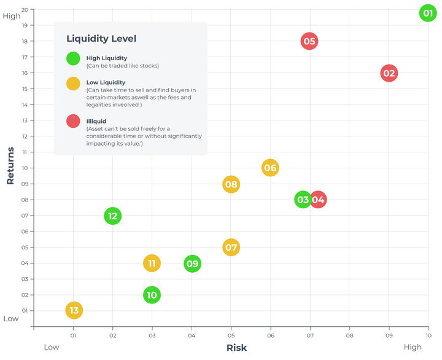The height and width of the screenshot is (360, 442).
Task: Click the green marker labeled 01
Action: click(428, 12)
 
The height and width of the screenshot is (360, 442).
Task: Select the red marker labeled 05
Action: click(309, 42)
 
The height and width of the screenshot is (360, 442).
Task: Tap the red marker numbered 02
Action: click(389, 73)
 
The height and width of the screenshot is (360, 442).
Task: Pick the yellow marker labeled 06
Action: click(270, 168)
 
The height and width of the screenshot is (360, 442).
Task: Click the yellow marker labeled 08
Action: click(231, 184)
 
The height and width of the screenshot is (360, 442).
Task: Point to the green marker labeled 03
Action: click(302, 200)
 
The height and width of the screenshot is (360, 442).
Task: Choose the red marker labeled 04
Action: click(318, 200)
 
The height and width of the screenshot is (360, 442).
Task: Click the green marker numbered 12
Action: click(112, 216)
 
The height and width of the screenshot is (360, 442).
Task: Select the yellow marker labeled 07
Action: click(231, 248)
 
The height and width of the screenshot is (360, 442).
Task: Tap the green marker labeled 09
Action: click(192, 264)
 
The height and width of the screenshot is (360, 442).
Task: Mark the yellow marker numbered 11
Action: click(152, 264)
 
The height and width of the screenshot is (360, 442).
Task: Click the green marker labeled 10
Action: click(152, 295)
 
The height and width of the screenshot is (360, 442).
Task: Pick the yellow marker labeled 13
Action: click(74, 310)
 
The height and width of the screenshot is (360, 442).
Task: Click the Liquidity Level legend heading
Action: click(101, 39)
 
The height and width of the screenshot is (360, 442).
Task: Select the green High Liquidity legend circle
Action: click(73, 59)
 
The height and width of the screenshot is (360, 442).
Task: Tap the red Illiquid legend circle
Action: click(73, 122)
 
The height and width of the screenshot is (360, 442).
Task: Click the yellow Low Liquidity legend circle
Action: click(73, 84)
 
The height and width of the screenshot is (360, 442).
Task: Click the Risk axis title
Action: click(236, 348)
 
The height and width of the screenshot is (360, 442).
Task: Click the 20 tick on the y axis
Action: click(25, 10)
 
